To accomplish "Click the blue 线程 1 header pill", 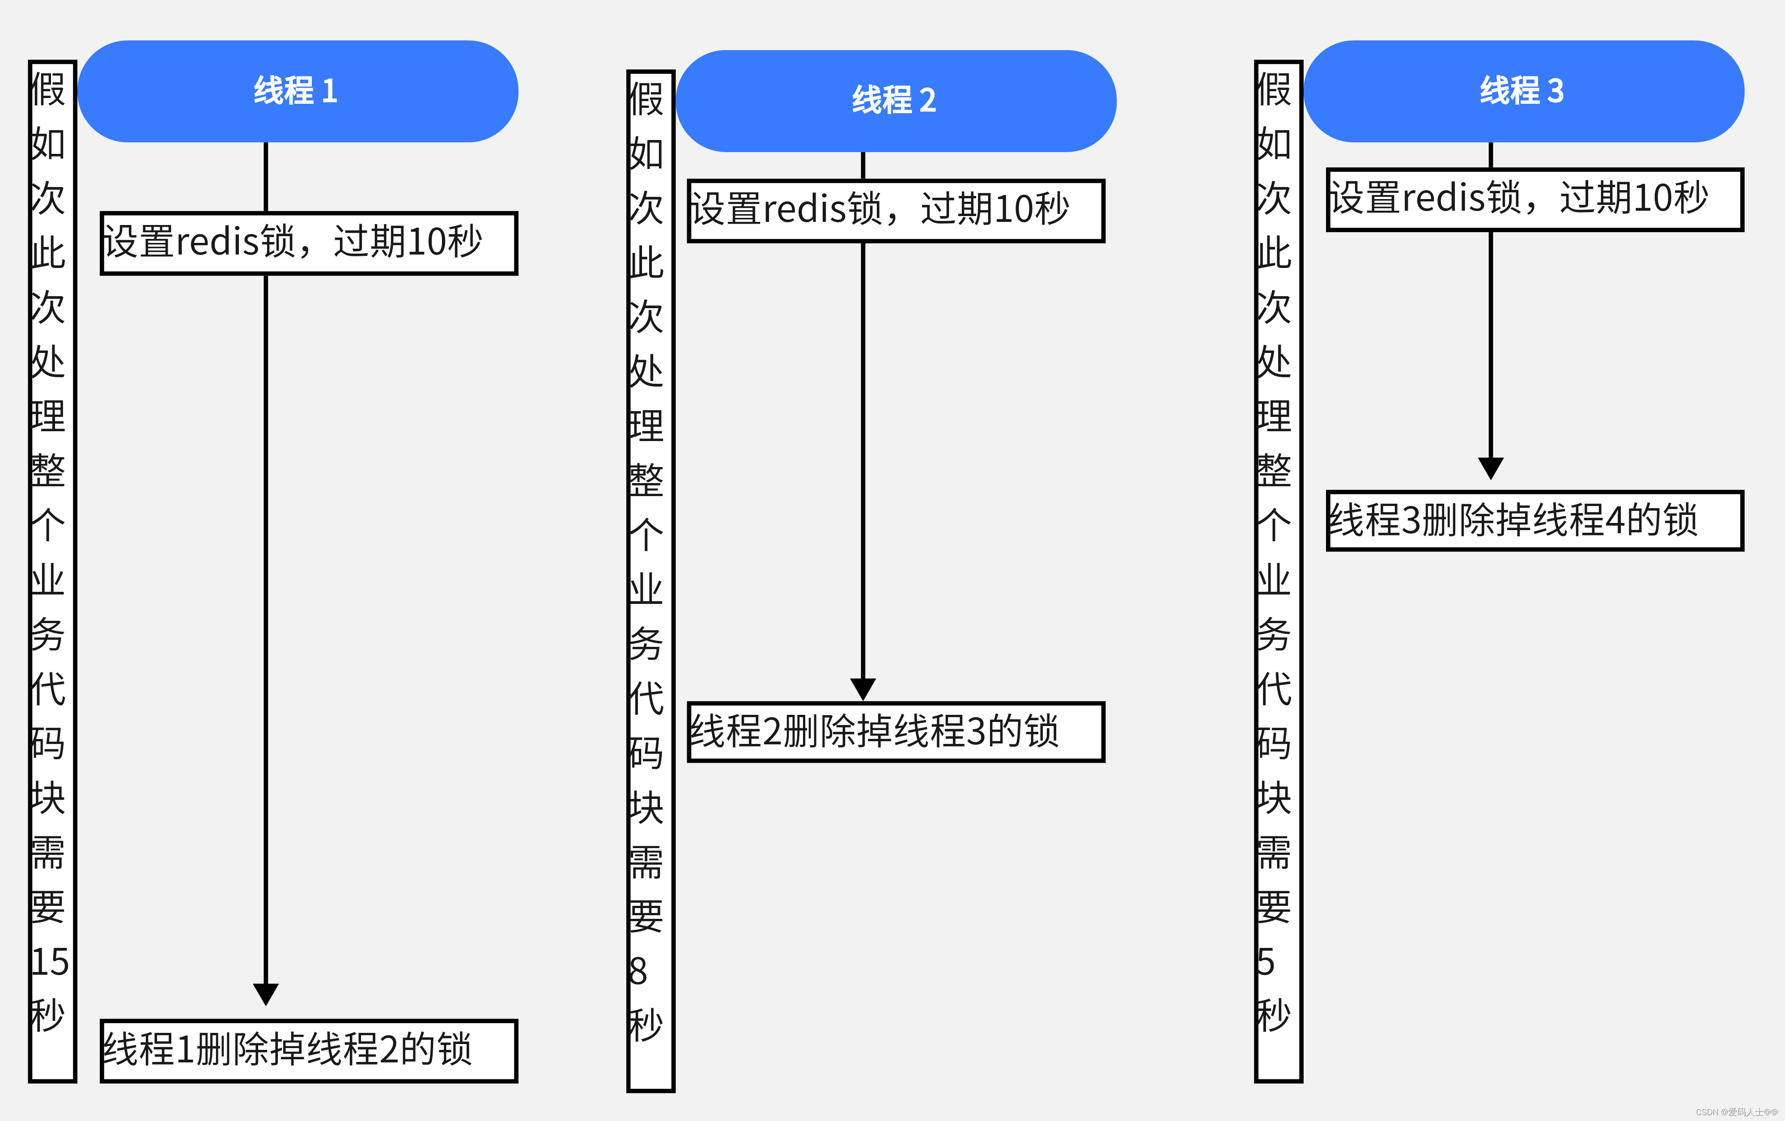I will coord(297,91).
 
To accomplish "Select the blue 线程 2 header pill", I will coord(896,101).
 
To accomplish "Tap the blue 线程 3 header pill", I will coord(1523,91).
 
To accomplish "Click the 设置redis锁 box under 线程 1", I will coord(308,243).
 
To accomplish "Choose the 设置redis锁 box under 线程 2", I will coord(896,211).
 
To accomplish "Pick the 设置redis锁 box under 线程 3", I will coord(1534,200).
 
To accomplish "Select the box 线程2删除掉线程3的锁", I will coord(896,732).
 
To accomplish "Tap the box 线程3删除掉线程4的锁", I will coord(1534,521).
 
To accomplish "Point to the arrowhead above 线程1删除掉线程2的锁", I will coord(265,994).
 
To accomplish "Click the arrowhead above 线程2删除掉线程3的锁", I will coord(863,688).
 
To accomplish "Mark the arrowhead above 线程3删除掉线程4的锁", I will coord(1491,468).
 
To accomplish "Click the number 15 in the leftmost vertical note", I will coord(50,962).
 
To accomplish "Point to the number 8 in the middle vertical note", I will coord(638,971).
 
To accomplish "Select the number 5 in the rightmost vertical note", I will coord(1266,962).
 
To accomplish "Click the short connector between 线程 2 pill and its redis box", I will coord(863,166).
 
